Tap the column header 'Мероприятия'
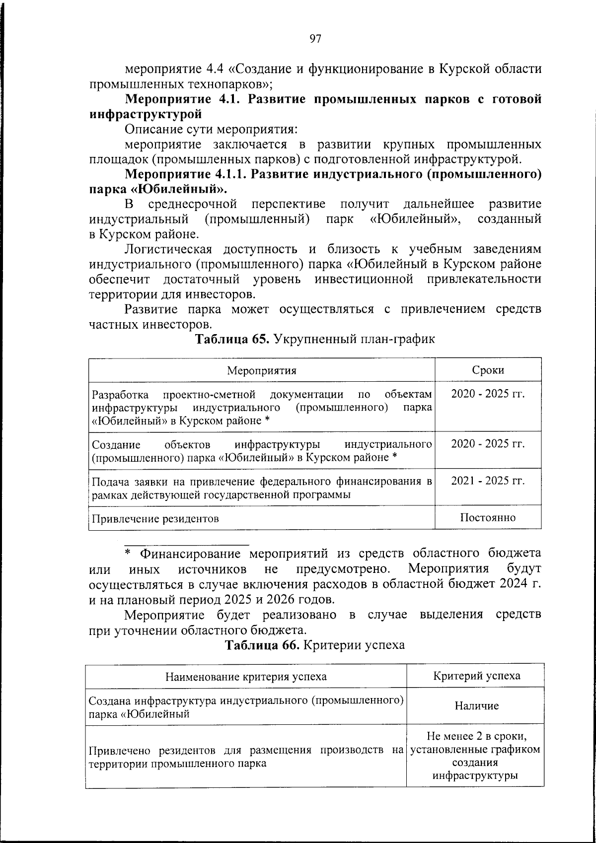coord(262,371)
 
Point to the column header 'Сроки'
coord(488,370)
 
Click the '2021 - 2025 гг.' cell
coord(488,481)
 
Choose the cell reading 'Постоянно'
coord(488,517)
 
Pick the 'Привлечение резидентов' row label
coord(155,519)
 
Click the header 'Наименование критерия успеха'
coord(246,676)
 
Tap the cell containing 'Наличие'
coord(477,705)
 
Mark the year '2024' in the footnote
coord(511,583)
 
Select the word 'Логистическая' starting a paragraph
coord(168,249)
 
